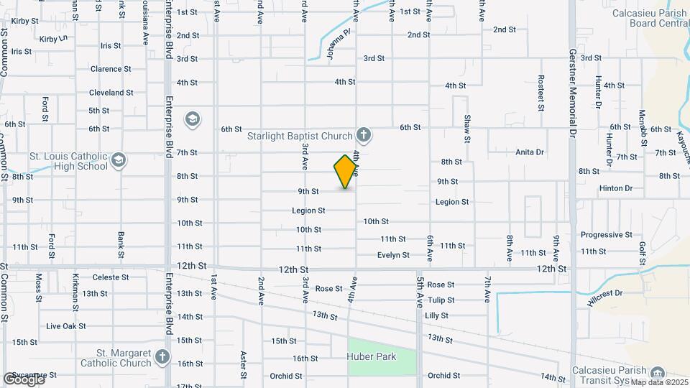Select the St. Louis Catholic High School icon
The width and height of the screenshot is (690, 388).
(x=119, y=160)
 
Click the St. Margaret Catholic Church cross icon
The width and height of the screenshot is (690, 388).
(x=163, y=356)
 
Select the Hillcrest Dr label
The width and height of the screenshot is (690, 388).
(x=604, y=298)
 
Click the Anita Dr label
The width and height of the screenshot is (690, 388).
(x=530, y=152)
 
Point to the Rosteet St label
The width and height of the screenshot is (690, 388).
(x=540, y=93)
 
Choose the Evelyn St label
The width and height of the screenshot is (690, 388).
(x=393, y=255)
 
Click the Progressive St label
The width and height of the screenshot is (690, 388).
(x=606, y=235)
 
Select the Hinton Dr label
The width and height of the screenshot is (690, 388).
(x=616, y=188)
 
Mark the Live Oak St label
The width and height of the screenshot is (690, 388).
(x=65, y=325)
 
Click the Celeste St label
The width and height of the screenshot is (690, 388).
(x=109, y=277)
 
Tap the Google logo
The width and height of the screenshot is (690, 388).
(x=24, y=379)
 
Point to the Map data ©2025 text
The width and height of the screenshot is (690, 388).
(x=659, y=382)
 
